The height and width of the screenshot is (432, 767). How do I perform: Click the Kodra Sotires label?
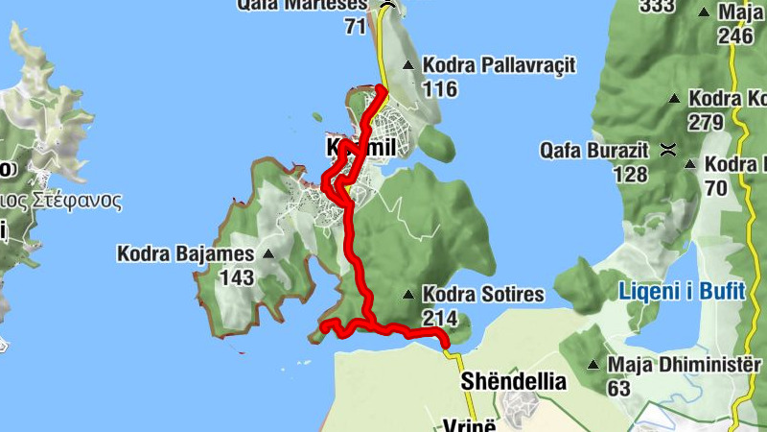(483, 295)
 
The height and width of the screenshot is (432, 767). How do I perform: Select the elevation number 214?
(440, 318)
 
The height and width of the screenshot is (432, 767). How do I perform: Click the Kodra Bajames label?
(185, 254)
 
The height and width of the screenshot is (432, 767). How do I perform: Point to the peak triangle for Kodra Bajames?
(267, 254)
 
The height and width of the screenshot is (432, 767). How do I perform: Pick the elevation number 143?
(236, 278)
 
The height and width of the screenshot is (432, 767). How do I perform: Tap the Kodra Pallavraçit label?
(499, 65)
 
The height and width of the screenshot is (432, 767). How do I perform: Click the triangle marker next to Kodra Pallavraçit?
(409, 65)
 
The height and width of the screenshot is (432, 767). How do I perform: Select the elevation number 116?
(440, 89)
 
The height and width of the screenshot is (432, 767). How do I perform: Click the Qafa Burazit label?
(594, 150)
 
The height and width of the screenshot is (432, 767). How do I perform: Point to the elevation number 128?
(630, 174)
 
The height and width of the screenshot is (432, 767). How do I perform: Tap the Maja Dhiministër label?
(685, 365)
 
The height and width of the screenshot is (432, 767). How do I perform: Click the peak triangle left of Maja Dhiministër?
(593, 365)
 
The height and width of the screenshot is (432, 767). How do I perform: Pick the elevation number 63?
(618, 389)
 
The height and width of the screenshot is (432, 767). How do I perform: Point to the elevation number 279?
(705, 122)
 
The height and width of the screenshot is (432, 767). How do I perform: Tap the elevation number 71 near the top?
(356, 26)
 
